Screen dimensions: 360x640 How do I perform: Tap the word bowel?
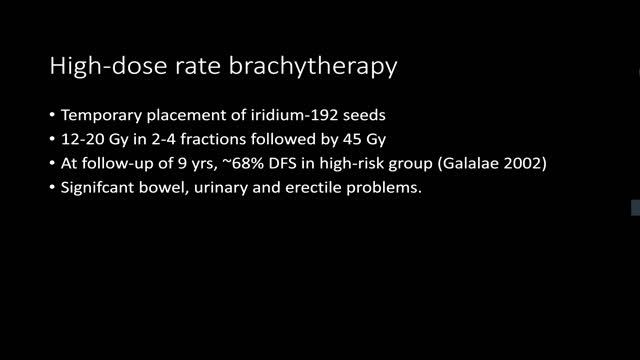click(177, 187)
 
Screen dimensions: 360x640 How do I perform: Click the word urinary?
click(236, 187)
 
